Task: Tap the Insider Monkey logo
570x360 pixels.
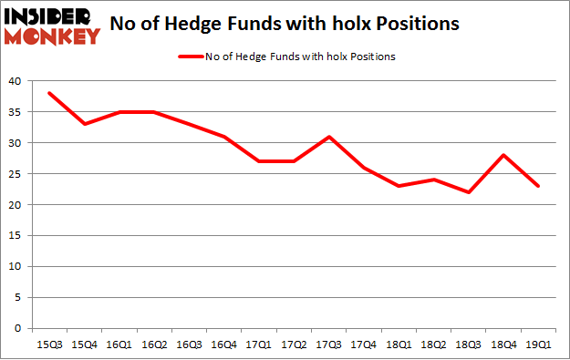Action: click(53, 26)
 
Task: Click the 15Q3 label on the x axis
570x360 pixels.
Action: click(49, 344)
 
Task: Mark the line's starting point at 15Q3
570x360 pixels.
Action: click(49, 93)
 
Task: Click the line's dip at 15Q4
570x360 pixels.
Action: click(86, 124)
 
